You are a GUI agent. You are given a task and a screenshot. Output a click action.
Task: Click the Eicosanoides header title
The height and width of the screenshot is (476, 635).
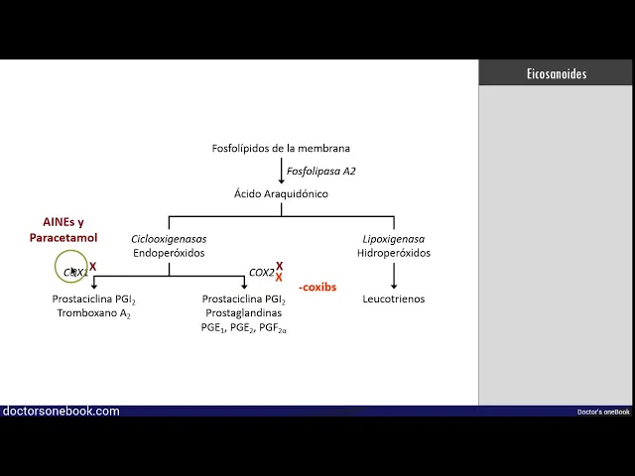click(x=556, y=74)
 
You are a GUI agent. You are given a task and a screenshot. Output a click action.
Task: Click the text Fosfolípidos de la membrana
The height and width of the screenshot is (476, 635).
click(x=281, y=149)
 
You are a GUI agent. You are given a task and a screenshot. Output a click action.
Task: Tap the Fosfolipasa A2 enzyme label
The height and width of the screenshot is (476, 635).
click(x=320, y=172)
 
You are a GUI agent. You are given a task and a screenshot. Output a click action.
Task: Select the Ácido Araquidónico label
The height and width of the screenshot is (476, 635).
click(x=281, y=194)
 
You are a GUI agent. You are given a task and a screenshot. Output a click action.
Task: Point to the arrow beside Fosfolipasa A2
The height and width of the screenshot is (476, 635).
click(x=281, y=172)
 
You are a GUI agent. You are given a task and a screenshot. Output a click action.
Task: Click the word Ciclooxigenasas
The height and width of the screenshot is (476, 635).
click(x=169, y=239)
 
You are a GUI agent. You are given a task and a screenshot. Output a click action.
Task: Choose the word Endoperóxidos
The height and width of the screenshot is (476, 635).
click(x=169, y=253)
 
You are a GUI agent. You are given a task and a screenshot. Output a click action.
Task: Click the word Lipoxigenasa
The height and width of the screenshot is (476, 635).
click(x=393, y=239)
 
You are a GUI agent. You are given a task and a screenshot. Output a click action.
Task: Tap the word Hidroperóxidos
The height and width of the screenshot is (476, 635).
click(x=394, y=253)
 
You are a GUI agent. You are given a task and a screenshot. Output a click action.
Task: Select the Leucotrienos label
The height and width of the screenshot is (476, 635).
click(x=393, y=298)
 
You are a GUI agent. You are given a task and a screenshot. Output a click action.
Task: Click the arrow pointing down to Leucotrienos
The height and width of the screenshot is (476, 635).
click(x=394, y=276)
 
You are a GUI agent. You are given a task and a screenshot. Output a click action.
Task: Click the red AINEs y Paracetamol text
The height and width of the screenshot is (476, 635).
click(x=63, y=230)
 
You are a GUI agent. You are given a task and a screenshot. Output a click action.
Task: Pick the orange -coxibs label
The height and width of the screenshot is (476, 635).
click(x=317, y=288)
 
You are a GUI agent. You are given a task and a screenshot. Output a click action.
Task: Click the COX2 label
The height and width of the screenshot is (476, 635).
click(x=261, y=273)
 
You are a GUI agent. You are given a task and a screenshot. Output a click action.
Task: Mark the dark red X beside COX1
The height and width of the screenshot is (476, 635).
click(x=93, y=267)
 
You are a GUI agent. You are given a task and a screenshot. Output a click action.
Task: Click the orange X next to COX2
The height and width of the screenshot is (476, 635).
click(x=280, y=279)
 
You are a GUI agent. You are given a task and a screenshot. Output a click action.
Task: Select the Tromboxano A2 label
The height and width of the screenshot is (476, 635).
click(x=94, y=313)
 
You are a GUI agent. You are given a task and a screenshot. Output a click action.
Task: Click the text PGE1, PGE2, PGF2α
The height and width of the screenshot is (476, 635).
click(x=243, y=328)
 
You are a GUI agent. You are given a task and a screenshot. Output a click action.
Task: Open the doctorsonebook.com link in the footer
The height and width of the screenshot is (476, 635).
click(x=62, y=411)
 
